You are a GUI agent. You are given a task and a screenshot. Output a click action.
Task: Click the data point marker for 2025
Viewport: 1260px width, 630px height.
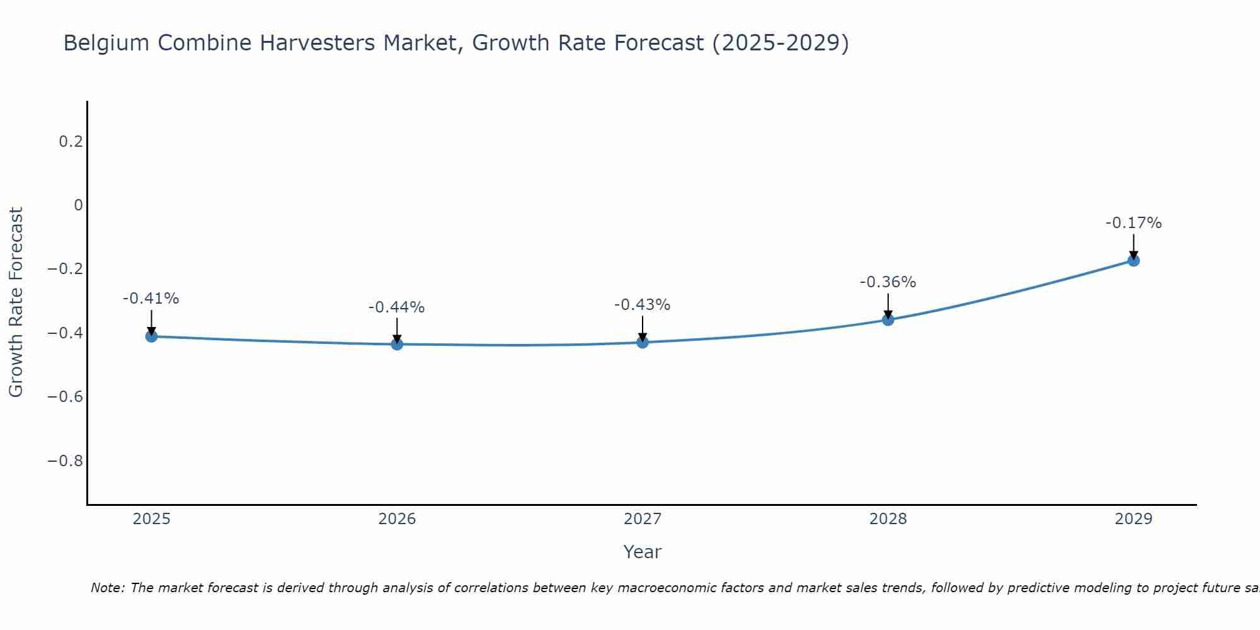tap(151, 336)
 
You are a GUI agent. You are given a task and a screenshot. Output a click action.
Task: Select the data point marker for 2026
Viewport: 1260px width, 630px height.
tap(397, 344)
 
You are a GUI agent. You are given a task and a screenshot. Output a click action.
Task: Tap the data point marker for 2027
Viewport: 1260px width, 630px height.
tap(643, 342)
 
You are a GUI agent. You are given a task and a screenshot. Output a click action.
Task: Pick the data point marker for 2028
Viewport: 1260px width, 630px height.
tap(888, 319)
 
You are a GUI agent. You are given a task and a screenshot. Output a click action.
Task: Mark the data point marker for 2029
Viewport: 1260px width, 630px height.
tap(1133, 260)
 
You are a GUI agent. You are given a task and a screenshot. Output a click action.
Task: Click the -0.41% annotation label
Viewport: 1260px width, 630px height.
tap(151, 299)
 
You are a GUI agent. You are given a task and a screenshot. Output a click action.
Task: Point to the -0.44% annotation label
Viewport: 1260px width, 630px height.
tap(397, 307)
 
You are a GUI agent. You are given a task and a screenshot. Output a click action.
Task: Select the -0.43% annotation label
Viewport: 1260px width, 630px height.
tap(643, 305)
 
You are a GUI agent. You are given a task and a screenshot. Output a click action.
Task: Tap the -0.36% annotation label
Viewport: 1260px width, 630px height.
tap(888, 282)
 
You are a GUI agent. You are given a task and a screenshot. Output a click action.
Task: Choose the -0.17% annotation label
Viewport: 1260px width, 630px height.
tap(1133, 223)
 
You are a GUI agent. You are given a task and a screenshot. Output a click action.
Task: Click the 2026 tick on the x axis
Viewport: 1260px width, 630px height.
tap(397, 519)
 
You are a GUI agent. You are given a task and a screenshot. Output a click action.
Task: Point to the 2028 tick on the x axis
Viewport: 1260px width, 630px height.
tap(888, 519)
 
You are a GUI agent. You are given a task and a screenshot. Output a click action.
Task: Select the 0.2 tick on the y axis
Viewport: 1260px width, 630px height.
tap(71, 141)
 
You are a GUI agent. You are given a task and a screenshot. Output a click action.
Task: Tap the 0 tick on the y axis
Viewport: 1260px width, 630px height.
tap(78, 205)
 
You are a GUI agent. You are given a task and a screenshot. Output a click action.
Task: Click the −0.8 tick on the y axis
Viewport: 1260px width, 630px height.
tap(65, 461)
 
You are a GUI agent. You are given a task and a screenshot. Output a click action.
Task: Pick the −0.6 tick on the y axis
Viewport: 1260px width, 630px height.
tap(65, 396)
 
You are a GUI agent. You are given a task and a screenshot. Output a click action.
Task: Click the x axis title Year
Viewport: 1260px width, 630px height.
tap(642, 553)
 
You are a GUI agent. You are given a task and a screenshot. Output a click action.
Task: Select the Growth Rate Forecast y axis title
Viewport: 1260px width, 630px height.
tap(16, 302)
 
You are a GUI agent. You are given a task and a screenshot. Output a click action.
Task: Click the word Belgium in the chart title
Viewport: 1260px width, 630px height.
tap(107, 43)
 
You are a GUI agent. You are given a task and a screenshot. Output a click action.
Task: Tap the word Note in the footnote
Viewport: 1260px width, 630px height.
tap(108, 588)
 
